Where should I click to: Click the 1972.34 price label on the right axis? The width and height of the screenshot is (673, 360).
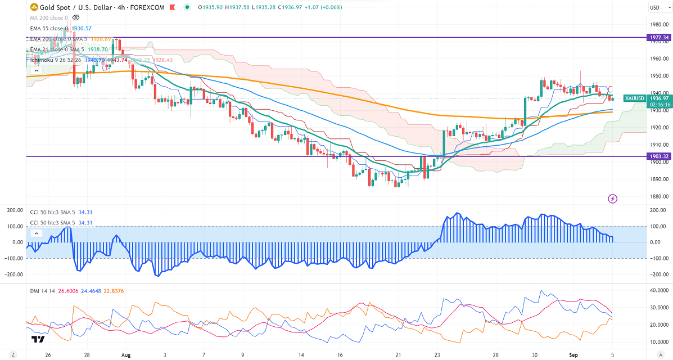click(659, 38)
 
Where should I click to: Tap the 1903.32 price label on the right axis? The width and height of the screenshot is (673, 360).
click(659, 156)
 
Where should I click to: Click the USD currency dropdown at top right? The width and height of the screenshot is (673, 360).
click(654, 7)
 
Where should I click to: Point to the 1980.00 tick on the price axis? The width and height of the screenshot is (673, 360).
click(658, 24)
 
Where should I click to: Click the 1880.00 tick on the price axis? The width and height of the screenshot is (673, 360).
click(658, 196)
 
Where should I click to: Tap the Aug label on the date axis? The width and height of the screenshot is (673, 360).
click(125, 355)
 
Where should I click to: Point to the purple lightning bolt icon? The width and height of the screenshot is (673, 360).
click(613, 199)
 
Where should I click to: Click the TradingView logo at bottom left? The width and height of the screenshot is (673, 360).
click(38, 340)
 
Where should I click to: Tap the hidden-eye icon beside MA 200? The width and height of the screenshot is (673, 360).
click(76, 18)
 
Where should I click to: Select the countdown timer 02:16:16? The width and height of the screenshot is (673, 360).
click(659, 104)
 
